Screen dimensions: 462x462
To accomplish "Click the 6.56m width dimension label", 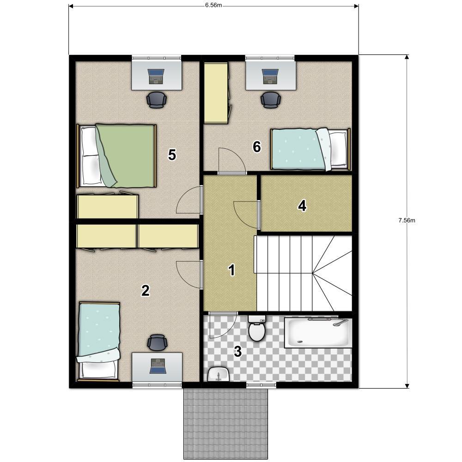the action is (213, 6).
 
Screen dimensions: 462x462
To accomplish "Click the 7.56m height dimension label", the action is (407, 220).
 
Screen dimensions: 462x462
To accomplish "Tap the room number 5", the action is (172, 155).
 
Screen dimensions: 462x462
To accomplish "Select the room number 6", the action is (256, 147).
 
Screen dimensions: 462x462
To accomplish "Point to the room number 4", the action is (302, 206).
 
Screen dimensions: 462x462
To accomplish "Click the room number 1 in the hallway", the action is (232, 270).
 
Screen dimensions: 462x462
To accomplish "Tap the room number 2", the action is (145, 291).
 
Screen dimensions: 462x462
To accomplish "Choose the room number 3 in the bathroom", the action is (237, 351).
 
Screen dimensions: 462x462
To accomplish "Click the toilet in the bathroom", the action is (257, 328).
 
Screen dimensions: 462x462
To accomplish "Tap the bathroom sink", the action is (219, 374).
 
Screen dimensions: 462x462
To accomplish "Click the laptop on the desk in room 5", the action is (156, 77).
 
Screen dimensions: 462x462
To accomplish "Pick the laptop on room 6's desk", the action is (270, 77).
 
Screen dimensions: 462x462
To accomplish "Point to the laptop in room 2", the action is (158, 366).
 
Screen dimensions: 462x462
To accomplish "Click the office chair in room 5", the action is (157, 100).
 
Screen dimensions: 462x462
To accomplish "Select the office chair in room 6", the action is (270, 100).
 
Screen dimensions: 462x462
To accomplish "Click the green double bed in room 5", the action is (116, 156).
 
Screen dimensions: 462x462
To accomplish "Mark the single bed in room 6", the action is (310, 149).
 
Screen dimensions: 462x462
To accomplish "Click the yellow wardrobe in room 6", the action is (216, 92).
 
